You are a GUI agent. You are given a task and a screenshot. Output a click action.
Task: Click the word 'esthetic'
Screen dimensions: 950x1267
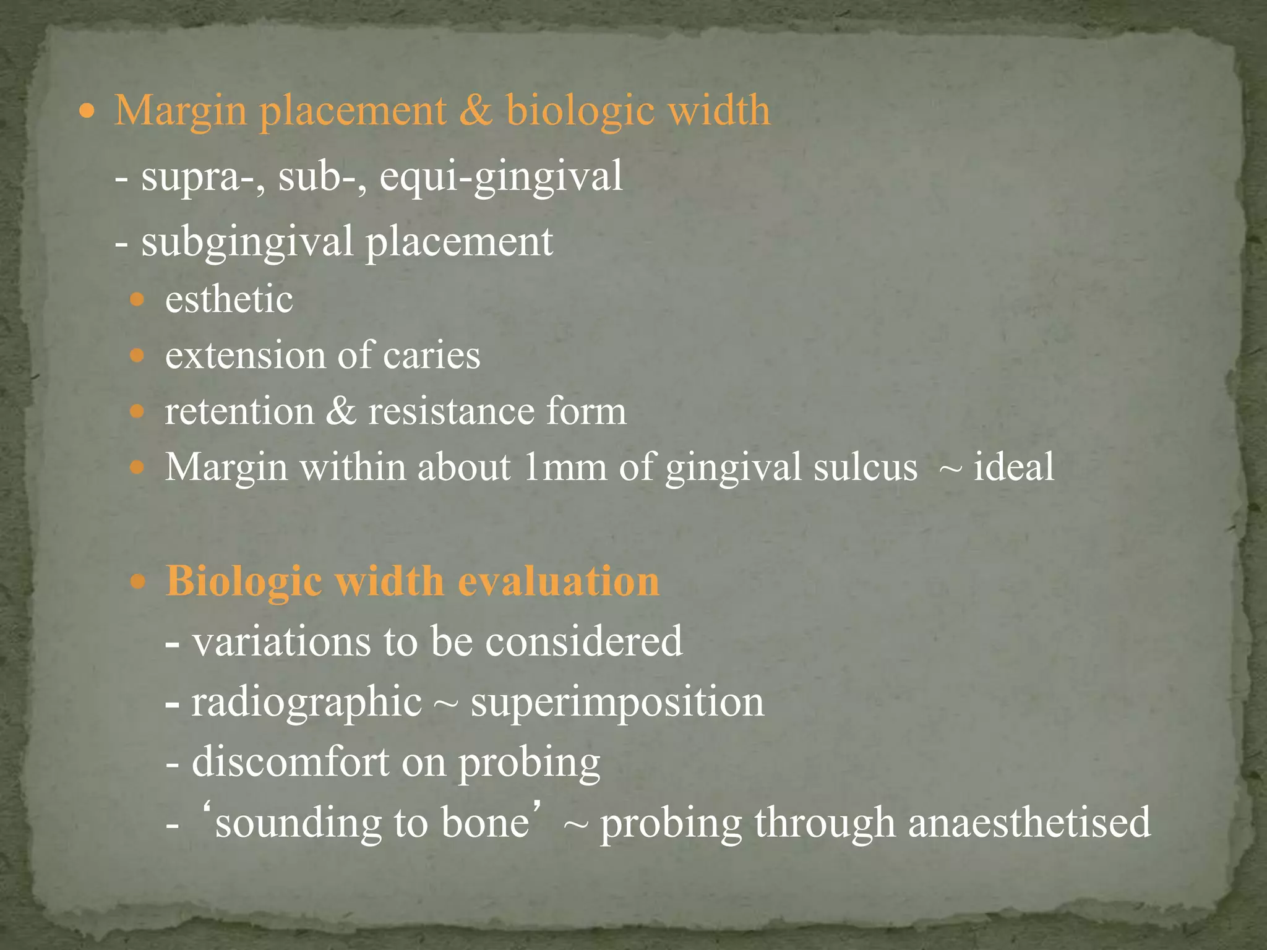tap(228, 300)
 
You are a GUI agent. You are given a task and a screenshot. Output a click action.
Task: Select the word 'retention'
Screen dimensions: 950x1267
tap(239, 411)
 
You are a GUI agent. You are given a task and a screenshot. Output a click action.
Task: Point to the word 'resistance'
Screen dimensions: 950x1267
tap(450, 411)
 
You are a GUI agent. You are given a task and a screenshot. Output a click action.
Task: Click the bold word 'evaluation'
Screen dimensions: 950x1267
tap(558, 581)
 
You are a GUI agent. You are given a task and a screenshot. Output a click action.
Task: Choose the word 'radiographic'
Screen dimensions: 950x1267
tap(306, 702)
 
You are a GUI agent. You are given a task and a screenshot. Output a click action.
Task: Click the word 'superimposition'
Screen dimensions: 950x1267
tap(617, 702)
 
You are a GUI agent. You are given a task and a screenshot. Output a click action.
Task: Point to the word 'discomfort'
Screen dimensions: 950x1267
tap(290, 761)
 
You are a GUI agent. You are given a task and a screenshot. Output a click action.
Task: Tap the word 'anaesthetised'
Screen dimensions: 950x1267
tap(1029, 822)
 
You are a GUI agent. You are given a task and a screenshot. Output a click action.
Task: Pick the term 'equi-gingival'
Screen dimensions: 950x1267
tap(500, 176)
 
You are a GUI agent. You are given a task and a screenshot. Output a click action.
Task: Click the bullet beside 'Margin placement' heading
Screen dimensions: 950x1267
tap(88, 112)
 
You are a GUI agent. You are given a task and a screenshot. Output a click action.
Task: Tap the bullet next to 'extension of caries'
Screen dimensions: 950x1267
tap(137, 356)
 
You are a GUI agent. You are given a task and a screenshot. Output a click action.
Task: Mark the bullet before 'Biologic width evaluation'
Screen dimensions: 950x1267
tap(138, 582)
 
